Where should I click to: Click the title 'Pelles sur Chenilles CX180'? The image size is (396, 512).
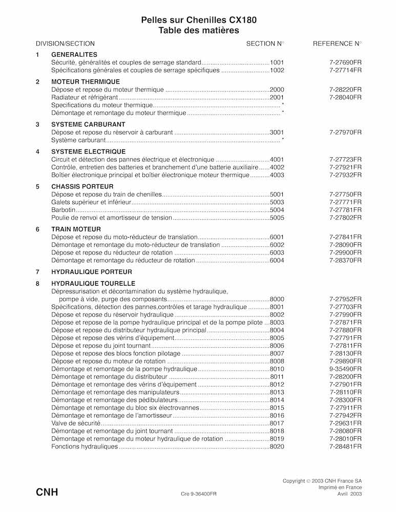tap(199, 20)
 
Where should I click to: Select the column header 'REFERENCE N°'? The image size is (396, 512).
tap(337, 44)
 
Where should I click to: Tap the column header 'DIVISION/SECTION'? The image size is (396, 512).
tap(65, 44)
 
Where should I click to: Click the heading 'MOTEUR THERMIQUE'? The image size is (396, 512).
tap(86, 82)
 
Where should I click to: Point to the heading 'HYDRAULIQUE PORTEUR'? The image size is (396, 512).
tap(92, 272)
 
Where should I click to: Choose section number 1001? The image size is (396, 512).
tap(277, 62)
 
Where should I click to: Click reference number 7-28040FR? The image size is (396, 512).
tap(345, 97)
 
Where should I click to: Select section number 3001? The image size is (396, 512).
tap(277, 132)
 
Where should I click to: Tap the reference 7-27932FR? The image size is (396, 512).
tap(345, 175)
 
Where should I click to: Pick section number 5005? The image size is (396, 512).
tap(277, 218)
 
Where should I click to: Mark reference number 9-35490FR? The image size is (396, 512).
tap(345, 369)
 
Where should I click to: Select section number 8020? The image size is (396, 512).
tap(277, 446)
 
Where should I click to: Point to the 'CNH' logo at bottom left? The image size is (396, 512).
tap(47, 493)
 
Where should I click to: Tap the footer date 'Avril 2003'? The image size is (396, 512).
tap(349, 495)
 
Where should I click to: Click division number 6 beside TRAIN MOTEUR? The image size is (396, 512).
tap(37, 229)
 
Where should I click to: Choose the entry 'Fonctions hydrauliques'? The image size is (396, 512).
tap(85, 446)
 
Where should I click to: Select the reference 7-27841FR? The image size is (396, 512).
tap(345, 237)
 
